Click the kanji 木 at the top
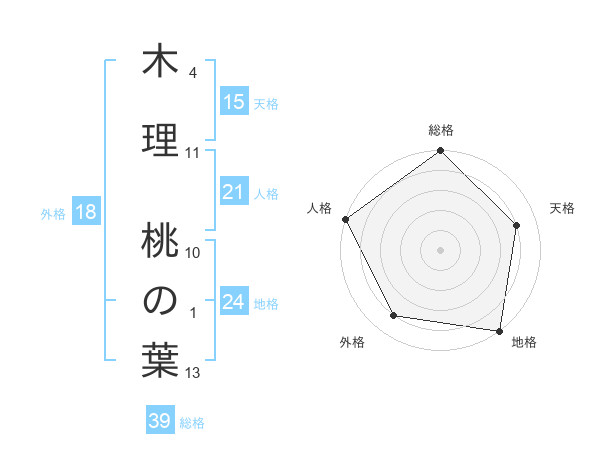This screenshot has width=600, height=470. [x=160, y=62]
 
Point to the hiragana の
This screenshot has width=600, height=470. [x=160, y=299]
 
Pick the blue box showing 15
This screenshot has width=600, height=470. [x=234, y=102]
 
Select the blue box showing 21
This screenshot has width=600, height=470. [x=234, y=192]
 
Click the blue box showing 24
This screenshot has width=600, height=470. [x=234, y=302]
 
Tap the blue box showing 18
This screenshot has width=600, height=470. [x=85, y=212]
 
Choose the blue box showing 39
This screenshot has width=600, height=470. [x=160, y=421]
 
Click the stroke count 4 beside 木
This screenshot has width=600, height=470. [x=193, y=74]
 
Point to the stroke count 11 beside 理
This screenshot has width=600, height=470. [x=193, y=153]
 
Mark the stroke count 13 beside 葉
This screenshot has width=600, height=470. [x=193, y=373]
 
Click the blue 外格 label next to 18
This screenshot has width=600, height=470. [x=53, y=213]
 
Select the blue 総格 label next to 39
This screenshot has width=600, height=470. [x=192, y=422]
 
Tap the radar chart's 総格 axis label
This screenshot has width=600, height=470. [x=440, y=130]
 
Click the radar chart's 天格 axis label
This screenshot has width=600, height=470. [x=563, y=208]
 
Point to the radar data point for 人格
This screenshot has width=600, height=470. [x=346, y=219]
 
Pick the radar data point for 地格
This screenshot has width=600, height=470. [x=499, y=330]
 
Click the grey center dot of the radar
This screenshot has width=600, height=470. [x=440, y=249]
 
